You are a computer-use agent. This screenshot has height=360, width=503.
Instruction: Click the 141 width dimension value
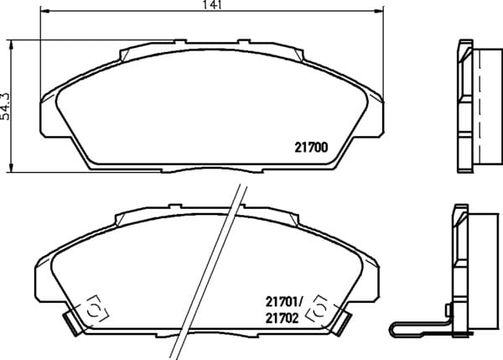[x=212, y=4]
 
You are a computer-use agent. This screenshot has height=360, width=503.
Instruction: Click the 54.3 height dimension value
[x=5, y=107]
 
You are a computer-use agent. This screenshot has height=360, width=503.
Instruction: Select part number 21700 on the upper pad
[x=311, y=148]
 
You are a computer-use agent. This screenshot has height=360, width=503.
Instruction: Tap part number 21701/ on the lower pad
[x=284, y=302]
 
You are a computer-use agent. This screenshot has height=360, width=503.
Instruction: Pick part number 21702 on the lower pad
[x=282, y=318]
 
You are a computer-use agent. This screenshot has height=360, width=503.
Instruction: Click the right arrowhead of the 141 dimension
[x=379, y=11]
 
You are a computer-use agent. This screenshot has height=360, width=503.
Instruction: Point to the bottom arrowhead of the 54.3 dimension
[x=12, y=167]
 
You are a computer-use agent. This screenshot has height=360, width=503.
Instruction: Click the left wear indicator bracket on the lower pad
[x=96, y=309]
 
